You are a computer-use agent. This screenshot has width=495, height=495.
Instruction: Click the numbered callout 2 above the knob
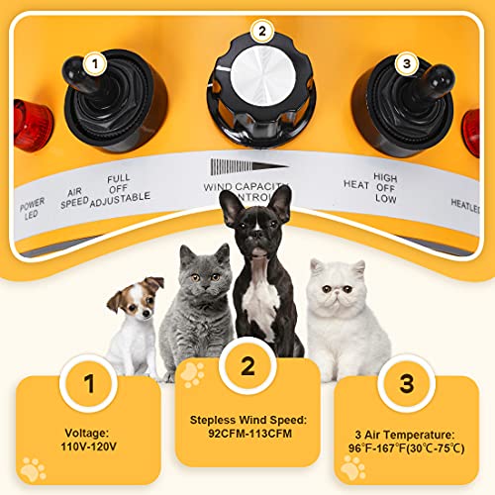tap(260, 31)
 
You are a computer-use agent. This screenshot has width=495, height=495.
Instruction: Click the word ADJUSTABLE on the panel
tap(120, 197)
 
